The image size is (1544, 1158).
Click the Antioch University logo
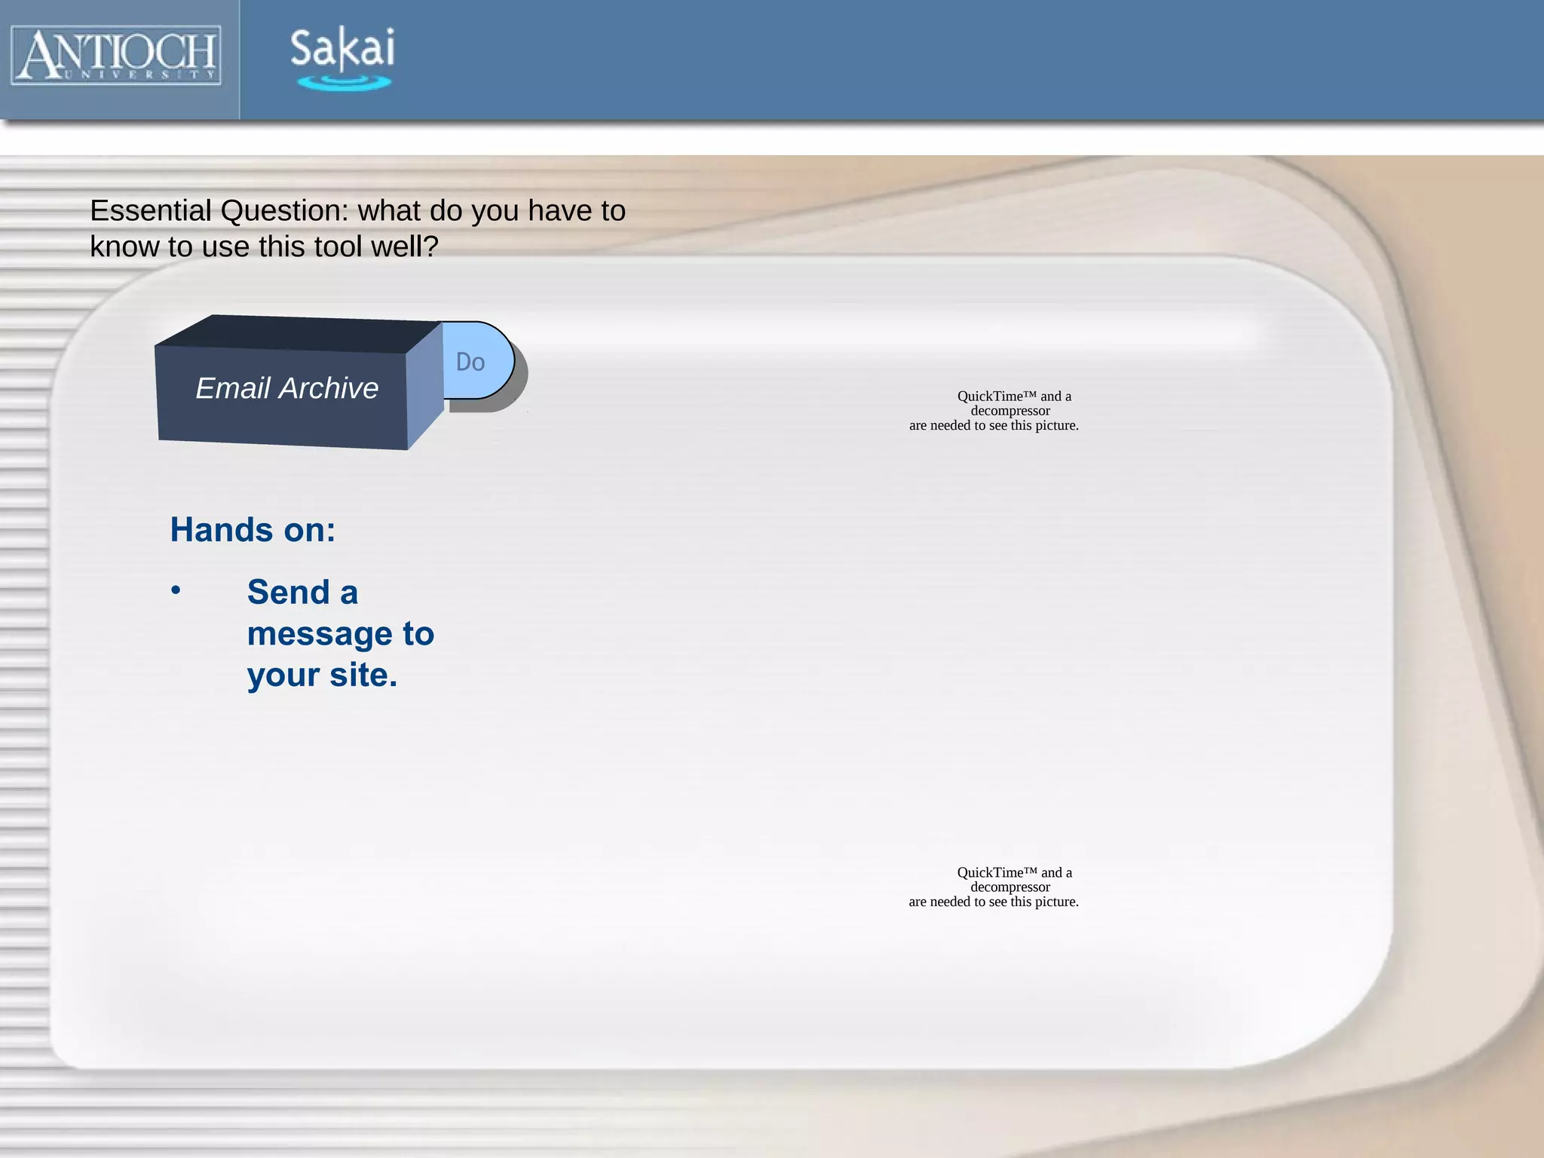click(117, 55)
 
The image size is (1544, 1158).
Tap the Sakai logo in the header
click(342, 57)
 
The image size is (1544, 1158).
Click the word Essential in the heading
click(150, 211)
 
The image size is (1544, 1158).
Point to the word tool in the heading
click(337, 247)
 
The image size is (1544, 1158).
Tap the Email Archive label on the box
click(286, 388)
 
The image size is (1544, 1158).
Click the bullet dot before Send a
click(176, 590)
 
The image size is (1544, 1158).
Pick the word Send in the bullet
click(289, 593)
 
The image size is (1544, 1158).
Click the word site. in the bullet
click(363, 675)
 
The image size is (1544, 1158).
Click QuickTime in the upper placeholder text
click(990, 397)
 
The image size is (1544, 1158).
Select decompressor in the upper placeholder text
click(1010, 411)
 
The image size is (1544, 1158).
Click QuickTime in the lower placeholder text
click(990, 873)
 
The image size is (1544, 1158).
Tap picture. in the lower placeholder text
click(1055, 902)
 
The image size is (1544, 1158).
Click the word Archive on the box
click(329, 388)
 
